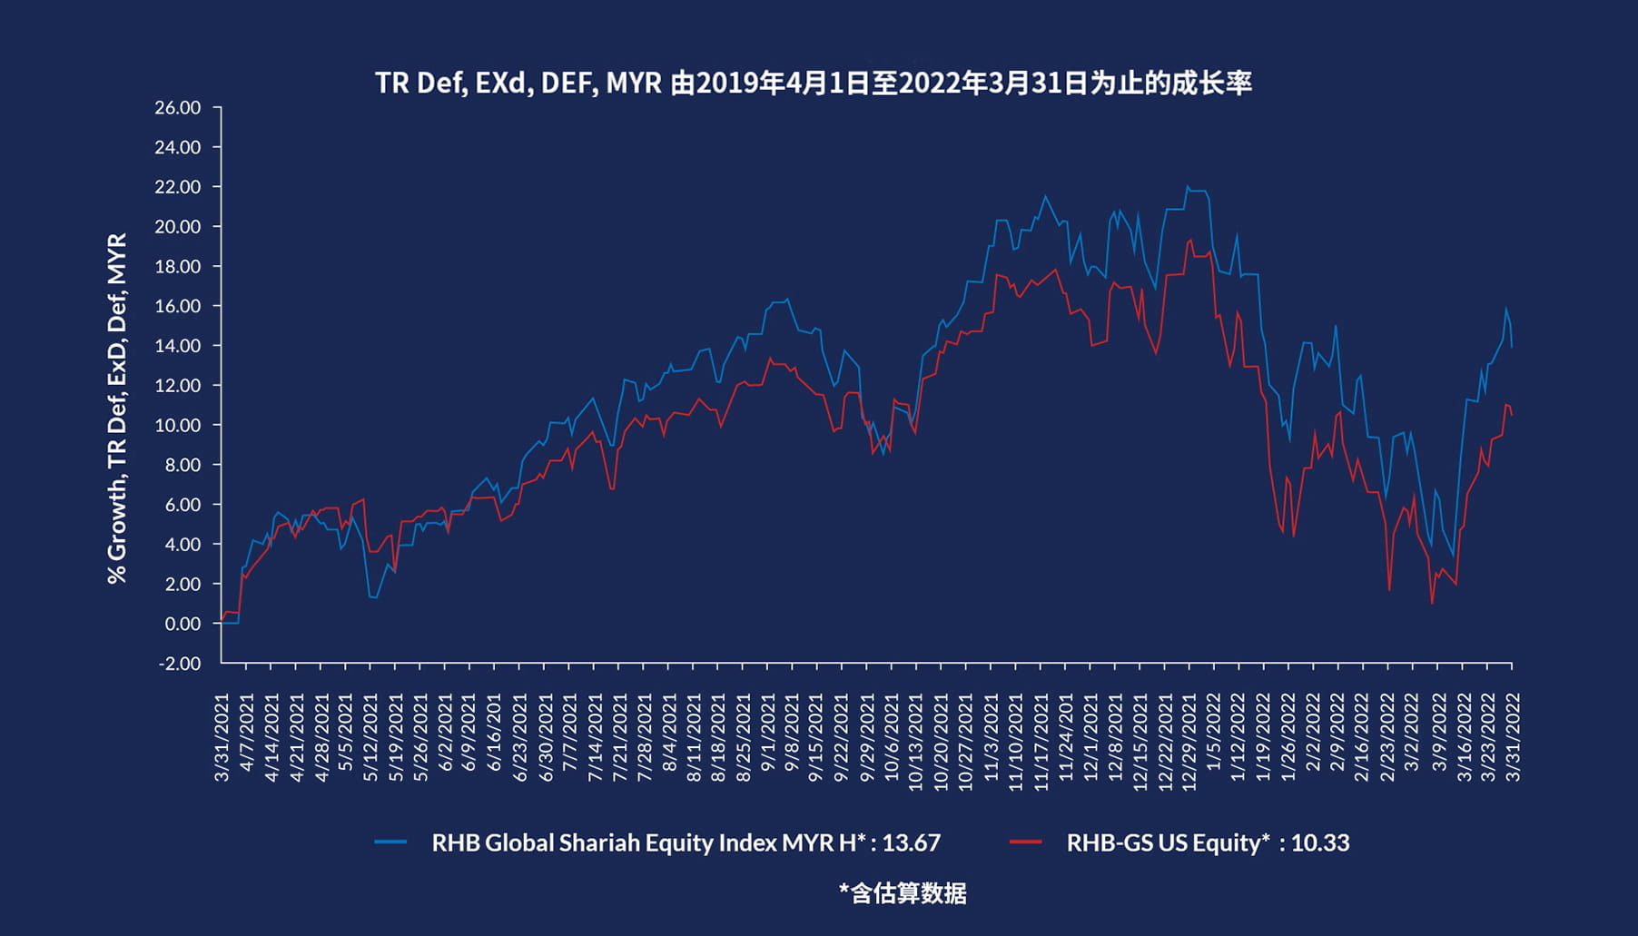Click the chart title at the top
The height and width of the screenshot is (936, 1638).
(x=814, y=84)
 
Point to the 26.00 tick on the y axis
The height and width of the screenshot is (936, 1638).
(x=178, y=108)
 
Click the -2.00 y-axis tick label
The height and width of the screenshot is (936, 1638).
(x=180, y=664)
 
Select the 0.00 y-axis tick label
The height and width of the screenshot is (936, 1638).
(x=183, y=624)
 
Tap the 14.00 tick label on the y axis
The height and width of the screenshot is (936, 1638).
(x=178, y=346)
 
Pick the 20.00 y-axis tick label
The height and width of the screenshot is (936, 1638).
(x=178, y=227)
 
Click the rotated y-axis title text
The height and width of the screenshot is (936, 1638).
(x=117, y=409)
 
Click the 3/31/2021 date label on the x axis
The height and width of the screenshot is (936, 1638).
(x=222, y=736)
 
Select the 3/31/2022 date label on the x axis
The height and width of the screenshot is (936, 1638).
(x=1513, y=736)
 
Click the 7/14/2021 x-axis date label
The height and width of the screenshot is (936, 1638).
(x=595, y=736)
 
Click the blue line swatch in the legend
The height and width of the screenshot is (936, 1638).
(x=390, y=842)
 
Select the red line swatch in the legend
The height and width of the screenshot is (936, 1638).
(x=1025, y=842)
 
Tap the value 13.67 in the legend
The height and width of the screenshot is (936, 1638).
(x=911, y=842)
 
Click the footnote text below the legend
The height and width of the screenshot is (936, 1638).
(x=903, y=893)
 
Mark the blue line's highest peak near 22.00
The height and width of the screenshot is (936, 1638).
(x=1187, y=186)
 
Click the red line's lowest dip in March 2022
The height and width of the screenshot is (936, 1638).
(x=1432, y=603)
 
